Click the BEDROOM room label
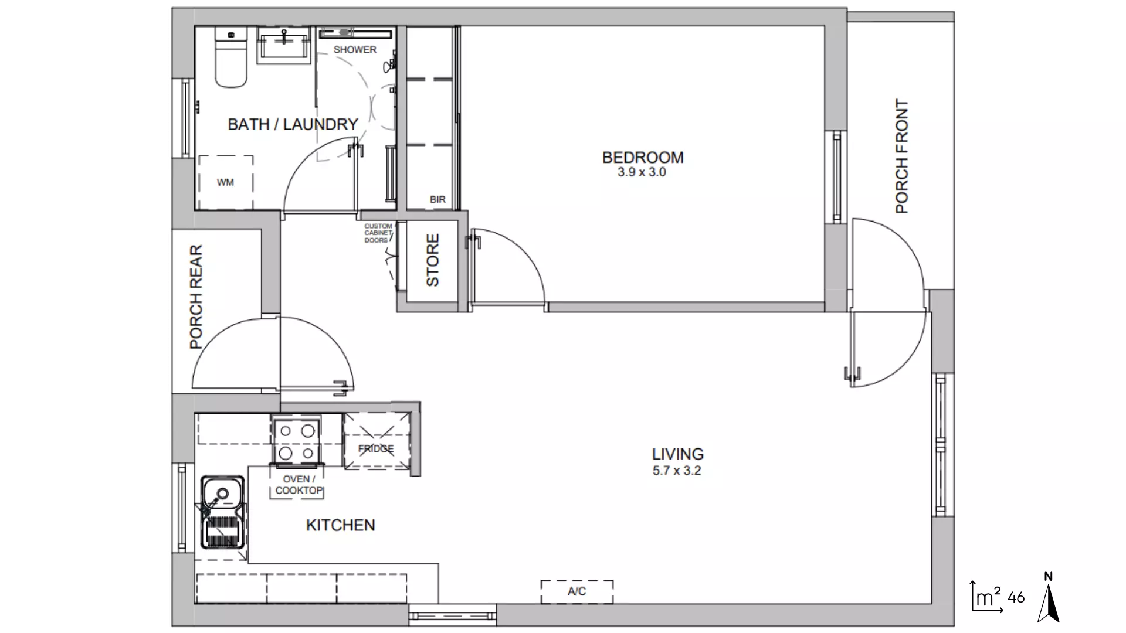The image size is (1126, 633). pos(642,157)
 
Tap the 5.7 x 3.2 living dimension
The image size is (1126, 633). pos(677,471)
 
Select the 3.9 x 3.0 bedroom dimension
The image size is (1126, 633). pos(642,172)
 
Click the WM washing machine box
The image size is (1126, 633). pos(225,182)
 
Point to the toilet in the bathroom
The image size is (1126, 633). pos(230,59)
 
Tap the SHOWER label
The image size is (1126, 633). pos(355,50)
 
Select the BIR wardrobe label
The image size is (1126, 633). pos(437,199)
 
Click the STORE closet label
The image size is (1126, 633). pos(432,260)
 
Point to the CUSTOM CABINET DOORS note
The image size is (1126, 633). pos(378,233)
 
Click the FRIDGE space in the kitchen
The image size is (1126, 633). pos(376,448)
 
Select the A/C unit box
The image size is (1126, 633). pos(576,591)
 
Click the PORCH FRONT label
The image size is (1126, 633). pos(901,156)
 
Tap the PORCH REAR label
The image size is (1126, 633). pos(196,297)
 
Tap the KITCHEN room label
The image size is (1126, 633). pos(340,525)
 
